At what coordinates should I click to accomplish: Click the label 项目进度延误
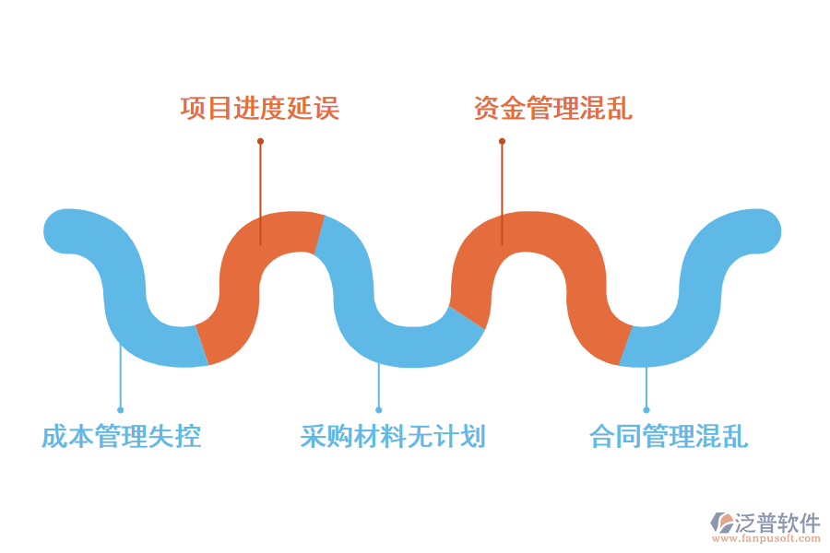point(260,109)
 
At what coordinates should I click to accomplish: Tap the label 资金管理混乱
point(553,109)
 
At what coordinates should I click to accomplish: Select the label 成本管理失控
point(121,436)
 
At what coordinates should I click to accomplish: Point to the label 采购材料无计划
point(393,436)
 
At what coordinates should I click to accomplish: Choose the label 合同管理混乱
point(669,436)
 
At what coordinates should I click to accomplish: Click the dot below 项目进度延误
point(260,141)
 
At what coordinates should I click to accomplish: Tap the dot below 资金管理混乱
point(503,141)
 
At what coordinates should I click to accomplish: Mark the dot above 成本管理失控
point(121,409)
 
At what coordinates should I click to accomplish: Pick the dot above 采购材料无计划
point(379,409)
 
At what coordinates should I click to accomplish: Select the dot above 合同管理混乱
point(646,409)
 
